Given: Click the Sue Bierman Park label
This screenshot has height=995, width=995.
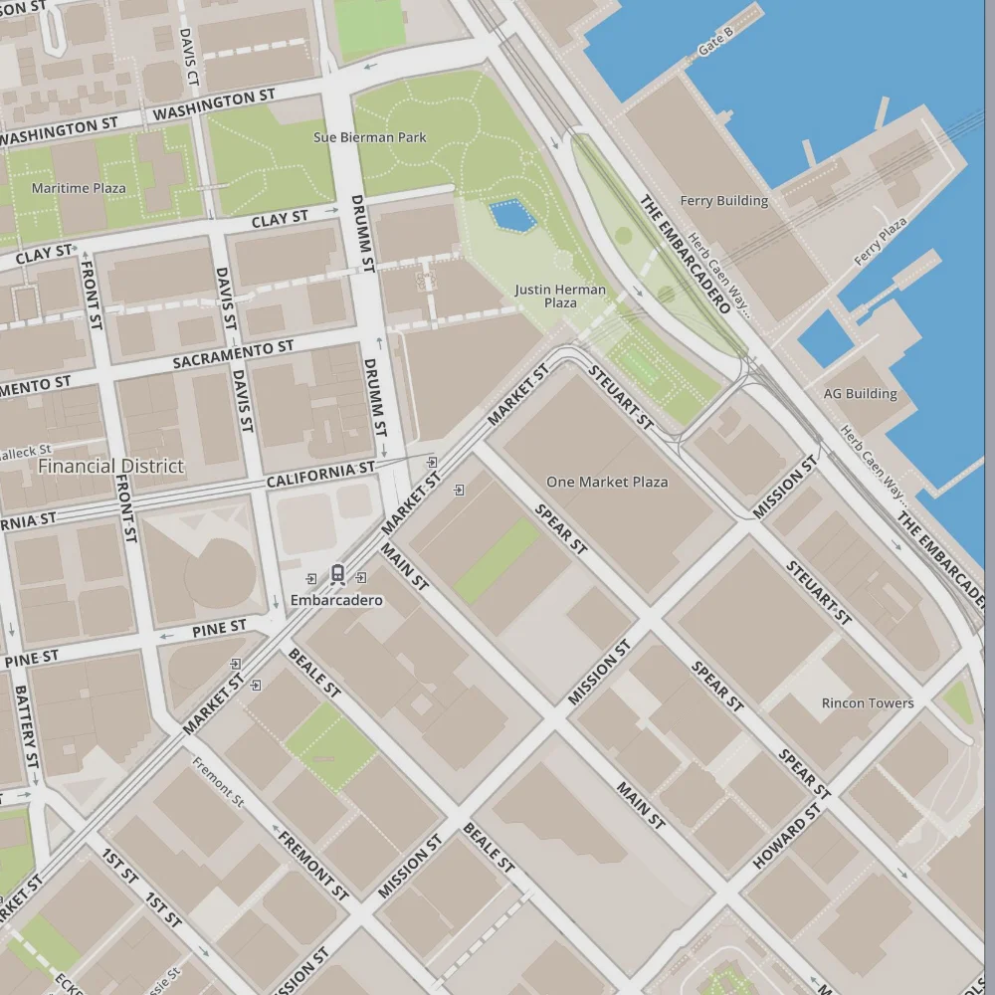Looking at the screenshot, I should point(369,137).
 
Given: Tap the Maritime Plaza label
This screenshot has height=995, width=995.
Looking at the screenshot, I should point(79,188).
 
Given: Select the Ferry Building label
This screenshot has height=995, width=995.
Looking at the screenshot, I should point(723,201).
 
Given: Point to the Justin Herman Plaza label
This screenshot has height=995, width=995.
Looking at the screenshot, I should point(560,296).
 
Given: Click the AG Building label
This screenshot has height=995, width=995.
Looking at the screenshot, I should point(860,394).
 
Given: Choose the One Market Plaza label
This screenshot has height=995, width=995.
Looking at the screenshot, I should point(607,482).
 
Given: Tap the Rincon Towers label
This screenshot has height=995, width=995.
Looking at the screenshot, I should point(867,703).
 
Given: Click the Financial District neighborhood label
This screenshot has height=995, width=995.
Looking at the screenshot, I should point(110,466).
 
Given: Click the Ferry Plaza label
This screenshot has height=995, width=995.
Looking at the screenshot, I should point(881,242).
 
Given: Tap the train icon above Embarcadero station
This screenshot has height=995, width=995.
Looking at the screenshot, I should point(337,574).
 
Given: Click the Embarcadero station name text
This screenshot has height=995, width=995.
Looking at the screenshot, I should point(336,600).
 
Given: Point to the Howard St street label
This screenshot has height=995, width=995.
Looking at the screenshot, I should point(788,836).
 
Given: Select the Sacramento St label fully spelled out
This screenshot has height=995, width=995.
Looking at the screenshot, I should point(233,353).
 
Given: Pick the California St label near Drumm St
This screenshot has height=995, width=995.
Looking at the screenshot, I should point(320,474).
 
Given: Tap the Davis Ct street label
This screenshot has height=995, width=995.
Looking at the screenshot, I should point(189,56).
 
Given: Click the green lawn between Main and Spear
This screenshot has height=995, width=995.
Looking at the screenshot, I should point(497,561).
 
